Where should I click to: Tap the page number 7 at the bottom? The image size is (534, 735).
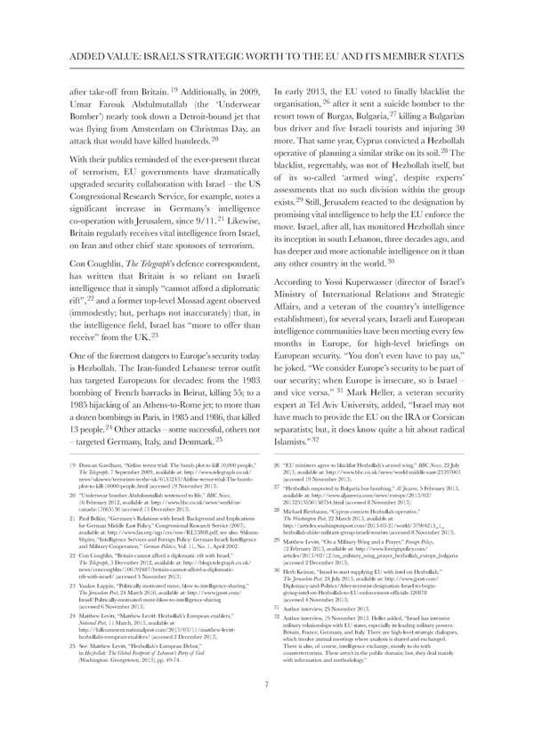tap(266, 709)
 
